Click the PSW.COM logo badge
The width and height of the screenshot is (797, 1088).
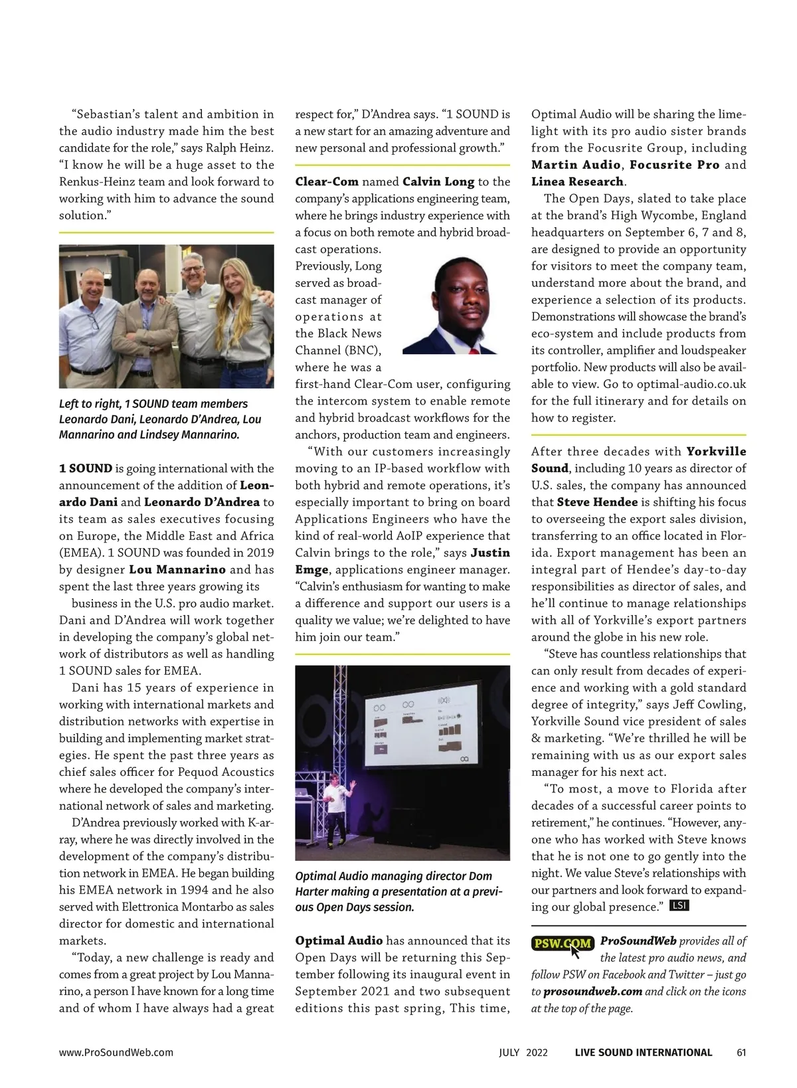pyautogui.click(x=563, y=943)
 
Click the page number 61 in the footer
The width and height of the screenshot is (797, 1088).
pyautogui.click(x=741, y=1052)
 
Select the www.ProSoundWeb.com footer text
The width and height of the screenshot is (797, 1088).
pyautogui.click(x=116, y=1052)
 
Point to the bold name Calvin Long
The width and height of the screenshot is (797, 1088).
pyautogui.click(x=438, y=181)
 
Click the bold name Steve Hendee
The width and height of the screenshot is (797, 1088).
pyautogui.click(x=597, y=502)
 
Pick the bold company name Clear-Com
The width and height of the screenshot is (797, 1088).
pyautogui.click(x=327, y=181)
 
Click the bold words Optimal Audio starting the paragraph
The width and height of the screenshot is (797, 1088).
pyautogui.click(x=339, y=941)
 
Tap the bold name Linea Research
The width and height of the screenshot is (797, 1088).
pyautogui.click(x=577, y=181)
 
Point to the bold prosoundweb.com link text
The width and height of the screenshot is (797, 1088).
pyautogui.click(x=592, y=992)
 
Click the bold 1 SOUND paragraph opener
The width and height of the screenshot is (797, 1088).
pyautogui.click(x=85, y=468)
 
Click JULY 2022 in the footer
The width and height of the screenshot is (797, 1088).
pyautogui.click(x=523, y=1052)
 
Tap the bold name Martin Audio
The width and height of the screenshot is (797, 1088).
pyautogui.click(x=576, y=165)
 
